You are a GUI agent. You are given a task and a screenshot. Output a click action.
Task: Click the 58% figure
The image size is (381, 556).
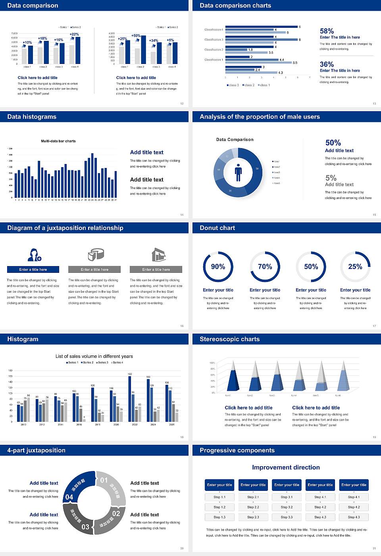pyautogui.click(x=327, y=31)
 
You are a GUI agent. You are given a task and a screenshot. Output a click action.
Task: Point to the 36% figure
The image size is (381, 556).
pyautogui.click(x=327, y=64)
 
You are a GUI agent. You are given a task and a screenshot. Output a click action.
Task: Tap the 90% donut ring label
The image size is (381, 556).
pyautogui.click(x=218, y=266)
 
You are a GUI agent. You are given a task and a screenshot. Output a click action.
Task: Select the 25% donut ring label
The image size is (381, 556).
pyautogui.click(x=355, y=266)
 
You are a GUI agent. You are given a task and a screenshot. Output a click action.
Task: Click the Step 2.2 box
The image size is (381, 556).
pyautogui.click(x=253, y=507)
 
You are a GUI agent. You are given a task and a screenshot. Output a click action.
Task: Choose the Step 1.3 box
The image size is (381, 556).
pyautogui.click(x=219, y=517)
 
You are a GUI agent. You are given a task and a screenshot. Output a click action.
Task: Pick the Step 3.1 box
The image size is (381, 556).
pyautogui.click(x=287, y=497)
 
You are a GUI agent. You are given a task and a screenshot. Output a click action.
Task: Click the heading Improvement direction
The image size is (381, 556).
pyautogui.click(x=286, y=467)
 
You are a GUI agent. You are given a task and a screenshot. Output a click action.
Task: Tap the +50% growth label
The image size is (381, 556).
pyautogui.click(x=136, y=36)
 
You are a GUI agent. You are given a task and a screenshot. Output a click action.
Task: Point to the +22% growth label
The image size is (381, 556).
pyautogui.click(x=74, y=35)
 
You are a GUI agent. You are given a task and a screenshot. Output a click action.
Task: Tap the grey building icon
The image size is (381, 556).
pyautogui.click(x=158, y=255)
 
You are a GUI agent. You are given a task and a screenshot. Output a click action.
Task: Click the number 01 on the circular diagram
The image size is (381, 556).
pyautogui.click(x=104, y=480)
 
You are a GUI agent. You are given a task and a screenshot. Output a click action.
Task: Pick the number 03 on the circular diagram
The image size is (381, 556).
pyautogui.click(x=85, y=527)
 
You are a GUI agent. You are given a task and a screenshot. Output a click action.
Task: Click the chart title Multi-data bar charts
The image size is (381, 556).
pyautogui.click(x=58, y=141)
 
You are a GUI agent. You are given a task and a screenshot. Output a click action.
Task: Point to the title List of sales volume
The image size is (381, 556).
pyautogui.click(x=94, y=356)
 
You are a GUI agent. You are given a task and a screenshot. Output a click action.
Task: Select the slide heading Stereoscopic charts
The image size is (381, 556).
pyautogui.click(x=229, y=339)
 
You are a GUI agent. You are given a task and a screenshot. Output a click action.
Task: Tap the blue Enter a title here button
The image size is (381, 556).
pyautogui.click(x=33, y=270)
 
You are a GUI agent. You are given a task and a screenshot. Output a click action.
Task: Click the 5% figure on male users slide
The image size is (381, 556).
pyautogui.click(x=331, y=178)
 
